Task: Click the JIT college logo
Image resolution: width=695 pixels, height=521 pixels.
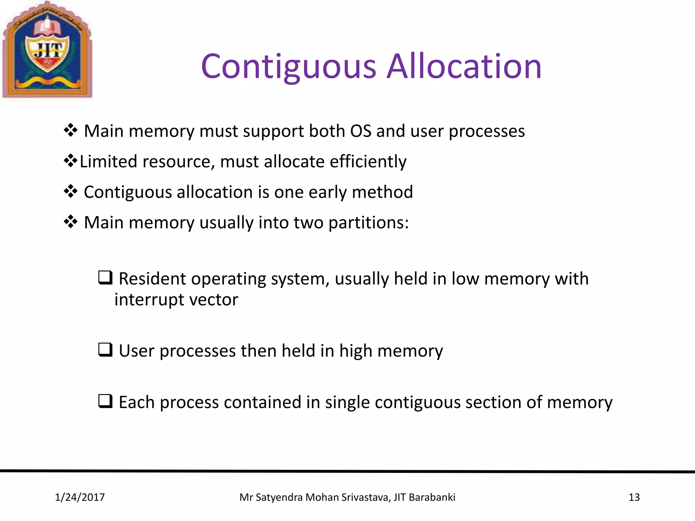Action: pos(47,50)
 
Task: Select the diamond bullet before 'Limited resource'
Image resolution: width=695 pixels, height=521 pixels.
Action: pos(70,161)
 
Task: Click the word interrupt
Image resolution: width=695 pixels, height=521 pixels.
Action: pos(149,300)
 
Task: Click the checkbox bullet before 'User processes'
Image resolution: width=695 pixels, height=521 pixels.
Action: pos(105,350)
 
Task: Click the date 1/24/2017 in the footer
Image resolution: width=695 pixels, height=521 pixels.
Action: pos(80,497)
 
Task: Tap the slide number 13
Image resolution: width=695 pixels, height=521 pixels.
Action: pos(634,497)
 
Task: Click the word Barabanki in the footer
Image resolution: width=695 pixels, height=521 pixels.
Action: pos(432,497)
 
